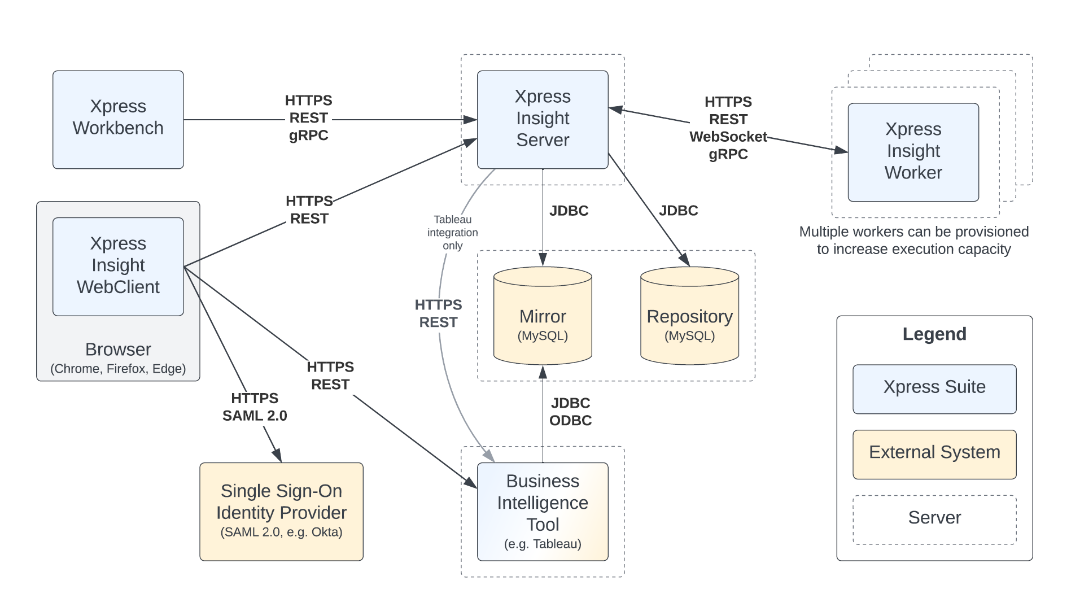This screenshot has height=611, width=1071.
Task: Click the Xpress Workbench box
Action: tap(118, 119)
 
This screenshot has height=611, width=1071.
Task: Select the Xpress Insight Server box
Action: tap(542, 119)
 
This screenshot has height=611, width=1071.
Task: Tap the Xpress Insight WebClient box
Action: tap(118, 266)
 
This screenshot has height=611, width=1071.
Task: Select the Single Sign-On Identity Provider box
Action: tap(281, 511)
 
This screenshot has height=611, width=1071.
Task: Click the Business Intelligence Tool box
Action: tap(542, 511)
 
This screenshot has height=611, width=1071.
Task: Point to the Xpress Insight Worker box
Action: tap(913, 151)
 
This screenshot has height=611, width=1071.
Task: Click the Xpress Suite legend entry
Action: tap(934, 389)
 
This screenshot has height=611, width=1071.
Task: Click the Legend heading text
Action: tap(934, 334)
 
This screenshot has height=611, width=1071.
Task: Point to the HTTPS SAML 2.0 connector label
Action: tap(255, 407)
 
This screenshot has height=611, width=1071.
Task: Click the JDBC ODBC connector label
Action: tap(570, 412)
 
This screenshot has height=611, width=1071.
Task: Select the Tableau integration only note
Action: tap(452, 232)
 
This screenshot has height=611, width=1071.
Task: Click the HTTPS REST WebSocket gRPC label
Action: tap(728, 128)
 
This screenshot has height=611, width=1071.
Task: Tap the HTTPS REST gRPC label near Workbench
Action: tap(308, 118)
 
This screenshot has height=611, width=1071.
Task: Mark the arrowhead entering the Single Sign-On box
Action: tap(277, 456)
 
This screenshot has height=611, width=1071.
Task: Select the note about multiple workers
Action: tap(913, 241)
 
